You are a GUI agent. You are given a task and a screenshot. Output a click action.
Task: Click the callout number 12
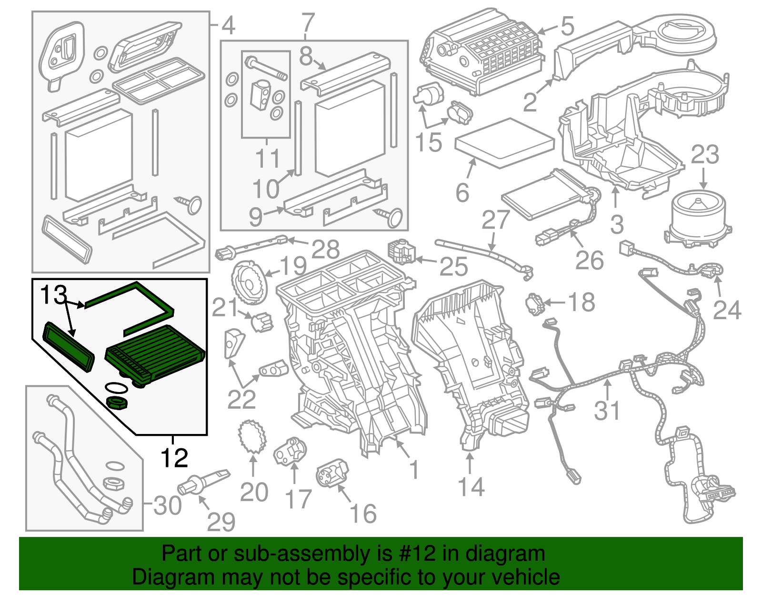coord(174,458)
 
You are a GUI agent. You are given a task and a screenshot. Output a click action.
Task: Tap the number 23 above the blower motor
coord(704,155)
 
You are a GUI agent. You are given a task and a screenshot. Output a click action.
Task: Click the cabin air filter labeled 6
coord(505,143)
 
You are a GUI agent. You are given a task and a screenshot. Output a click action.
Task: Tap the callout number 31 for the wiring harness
coord(607,411)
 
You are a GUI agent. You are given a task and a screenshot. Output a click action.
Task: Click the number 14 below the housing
coord(471,487)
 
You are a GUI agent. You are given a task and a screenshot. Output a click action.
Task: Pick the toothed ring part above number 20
coord(251,436)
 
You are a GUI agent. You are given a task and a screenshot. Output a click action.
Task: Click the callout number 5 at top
coord(567,26)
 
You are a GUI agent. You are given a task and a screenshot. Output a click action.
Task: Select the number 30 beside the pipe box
coord(168,505)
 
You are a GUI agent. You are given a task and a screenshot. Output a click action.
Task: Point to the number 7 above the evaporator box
coord(308,23)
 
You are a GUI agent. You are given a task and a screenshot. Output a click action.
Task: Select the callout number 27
coord(495,220)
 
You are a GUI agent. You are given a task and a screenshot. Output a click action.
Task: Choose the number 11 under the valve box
coord(267,159)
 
